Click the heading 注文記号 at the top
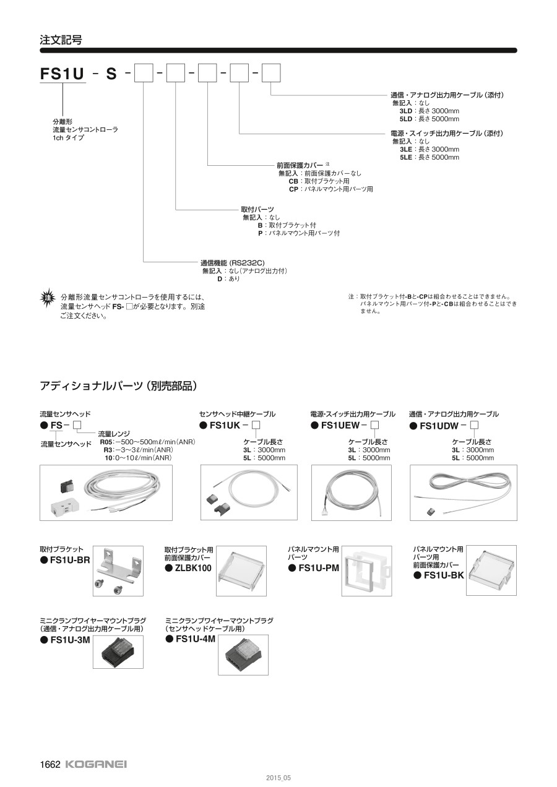61,40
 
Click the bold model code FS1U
62,74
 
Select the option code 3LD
406,111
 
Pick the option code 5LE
406,157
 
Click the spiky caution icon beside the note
47,297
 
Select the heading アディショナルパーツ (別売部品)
118,386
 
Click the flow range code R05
106,442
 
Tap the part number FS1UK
225,425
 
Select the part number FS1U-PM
319,568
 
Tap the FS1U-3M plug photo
118,652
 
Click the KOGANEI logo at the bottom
96,764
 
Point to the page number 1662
50,764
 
